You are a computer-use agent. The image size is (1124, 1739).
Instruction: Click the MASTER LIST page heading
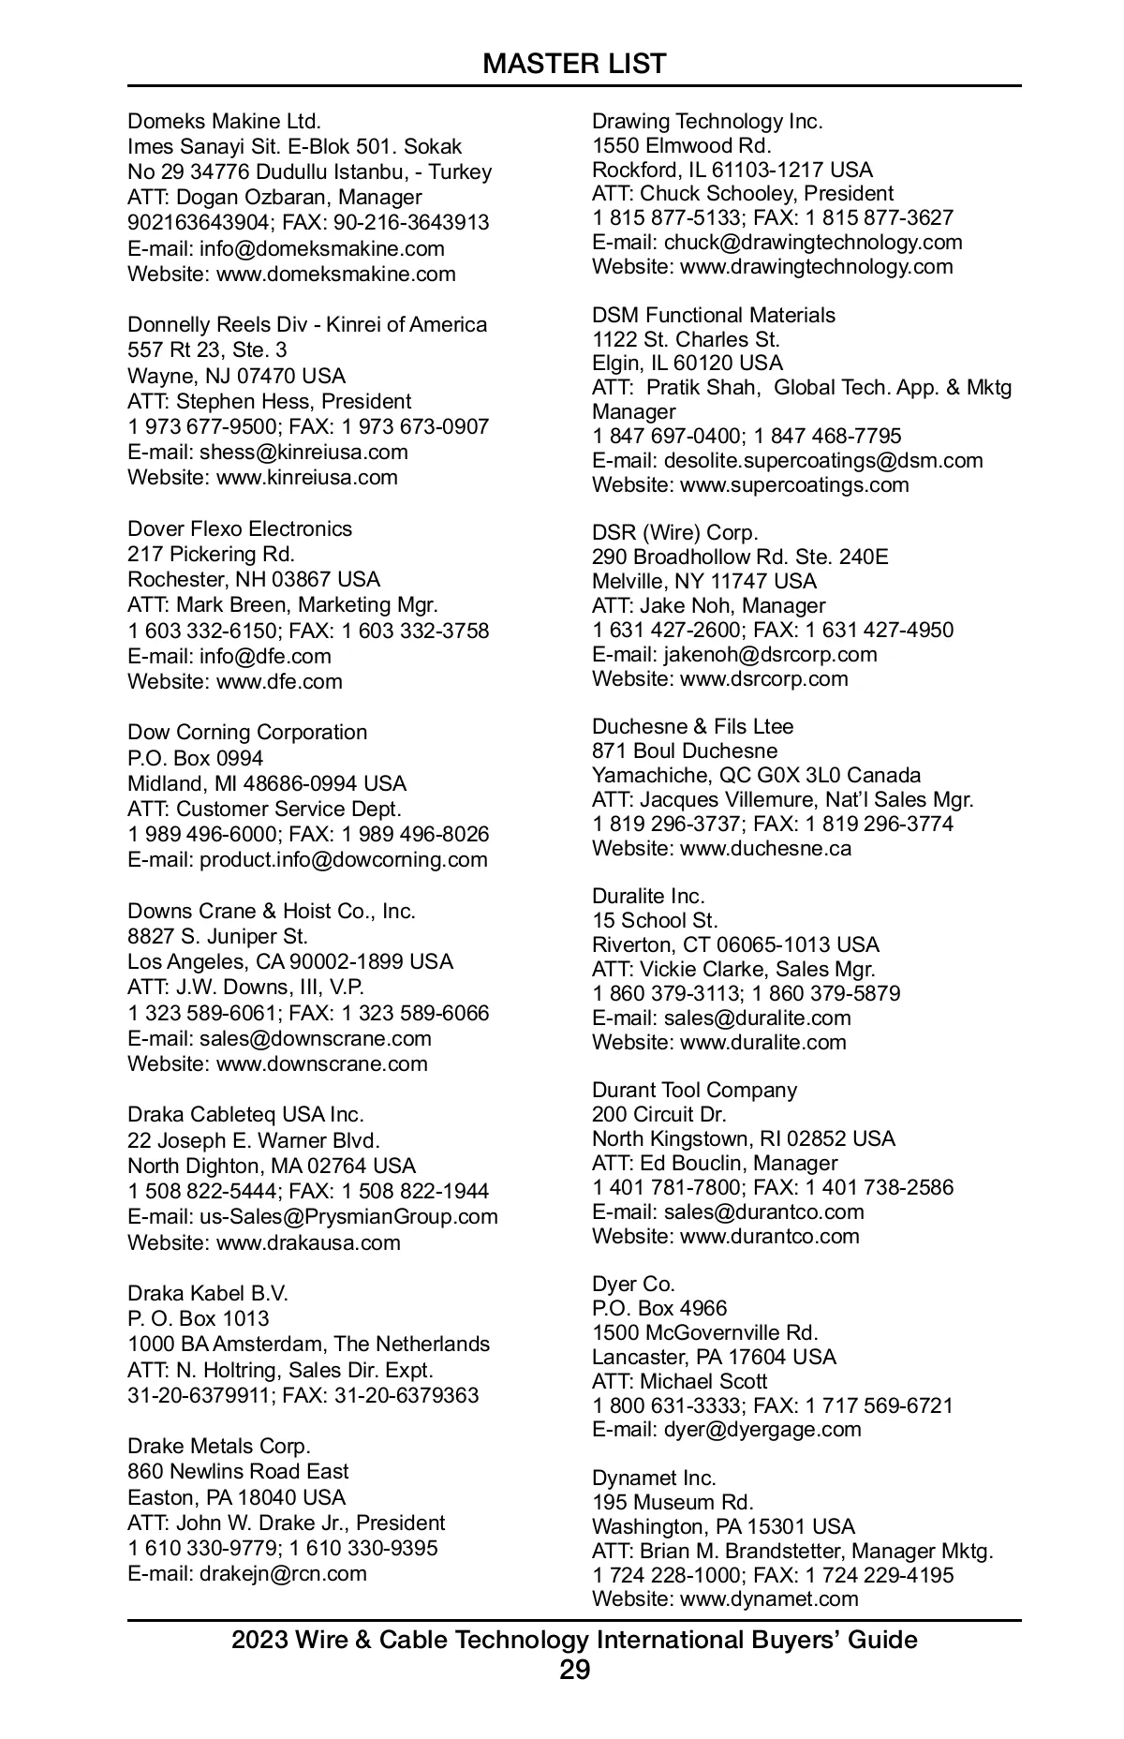coord(574,64)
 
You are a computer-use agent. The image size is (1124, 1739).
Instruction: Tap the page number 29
coord(574,1671)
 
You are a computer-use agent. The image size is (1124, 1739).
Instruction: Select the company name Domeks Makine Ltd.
coord(224,122)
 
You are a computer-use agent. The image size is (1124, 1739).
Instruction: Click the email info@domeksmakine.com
coord(321,249)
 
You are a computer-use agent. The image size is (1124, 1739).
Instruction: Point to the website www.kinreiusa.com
coord(306,478)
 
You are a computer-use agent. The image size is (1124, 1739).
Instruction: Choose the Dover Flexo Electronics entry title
coord(240,528)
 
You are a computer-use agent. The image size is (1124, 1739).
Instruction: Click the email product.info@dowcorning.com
coord(343,860)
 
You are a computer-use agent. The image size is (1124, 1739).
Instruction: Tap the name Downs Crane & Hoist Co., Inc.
coord(272,911)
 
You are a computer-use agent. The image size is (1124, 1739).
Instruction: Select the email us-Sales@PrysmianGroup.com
coord(348,1217)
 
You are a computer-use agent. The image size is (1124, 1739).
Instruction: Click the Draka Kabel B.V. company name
coord(208,1294)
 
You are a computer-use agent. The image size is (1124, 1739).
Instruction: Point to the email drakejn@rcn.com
coord(283,1574)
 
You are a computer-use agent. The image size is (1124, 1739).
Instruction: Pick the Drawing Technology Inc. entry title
coord(707,122)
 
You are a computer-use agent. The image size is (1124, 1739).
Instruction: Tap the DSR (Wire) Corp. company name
coord(674,533)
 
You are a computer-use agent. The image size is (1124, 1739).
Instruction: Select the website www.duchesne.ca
coord(765,849)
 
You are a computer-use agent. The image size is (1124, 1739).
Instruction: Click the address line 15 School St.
coord(655,921)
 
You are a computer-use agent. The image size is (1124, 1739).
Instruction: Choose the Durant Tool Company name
coord(694,1091)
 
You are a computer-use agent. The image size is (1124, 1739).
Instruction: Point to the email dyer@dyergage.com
coord(762,1430)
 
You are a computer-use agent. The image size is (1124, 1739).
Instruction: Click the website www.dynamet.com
coord(769,1599)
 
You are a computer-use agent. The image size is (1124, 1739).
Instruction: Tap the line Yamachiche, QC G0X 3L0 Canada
coord(756,776)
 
